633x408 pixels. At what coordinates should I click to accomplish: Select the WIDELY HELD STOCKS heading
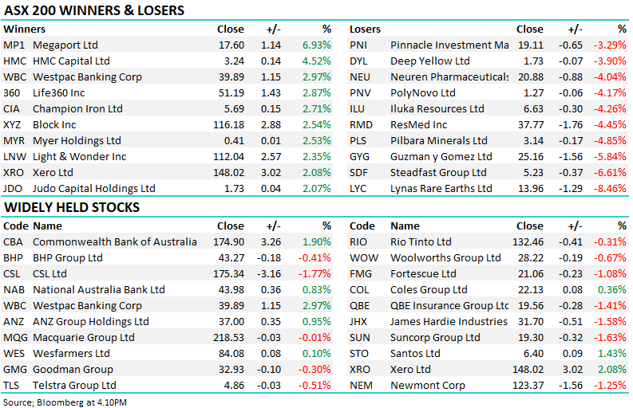[x=72, y=207]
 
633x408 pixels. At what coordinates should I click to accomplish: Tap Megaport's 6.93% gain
[x=316, y=45]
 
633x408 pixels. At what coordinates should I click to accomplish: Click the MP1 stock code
[x=14, y=45]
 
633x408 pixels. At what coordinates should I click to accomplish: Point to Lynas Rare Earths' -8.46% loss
[x=611, y=188]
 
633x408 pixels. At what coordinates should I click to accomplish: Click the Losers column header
[x=366, y=29]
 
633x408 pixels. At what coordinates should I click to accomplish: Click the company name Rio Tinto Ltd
[x=421, y=241]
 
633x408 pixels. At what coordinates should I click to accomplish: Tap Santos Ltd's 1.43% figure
[x=611, y=353]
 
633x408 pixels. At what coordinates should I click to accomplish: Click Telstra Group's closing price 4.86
[x=232, y=385]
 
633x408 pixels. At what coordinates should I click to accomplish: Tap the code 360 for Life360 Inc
[x=12, y=92]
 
